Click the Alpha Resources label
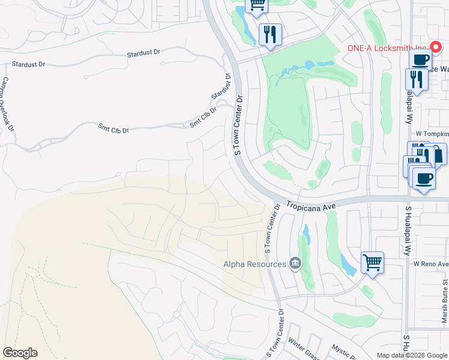click(x=255, y=264)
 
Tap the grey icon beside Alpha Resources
click(x=295, y=263)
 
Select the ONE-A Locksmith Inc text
click(x=387, y=49)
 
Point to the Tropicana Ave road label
click(x=309, y=205)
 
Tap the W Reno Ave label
click(x=431, y=264)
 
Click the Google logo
click(x=20, y=353)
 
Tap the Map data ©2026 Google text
click(x=412, y=355)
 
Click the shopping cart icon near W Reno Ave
click(x=372, y=262)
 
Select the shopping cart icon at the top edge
click(x=257, y=5)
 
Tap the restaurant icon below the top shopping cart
click(x=270, y=35)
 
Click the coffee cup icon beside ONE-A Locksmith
click(x=421, y=59)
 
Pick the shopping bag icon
click(x=438, y=154)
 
